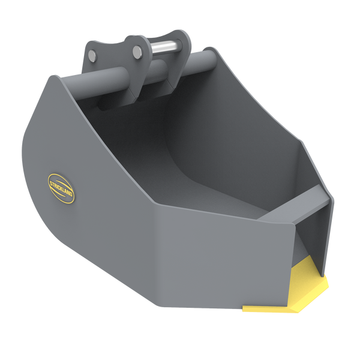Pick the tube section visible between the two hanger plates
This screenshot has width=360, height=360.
pos(157,70)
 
